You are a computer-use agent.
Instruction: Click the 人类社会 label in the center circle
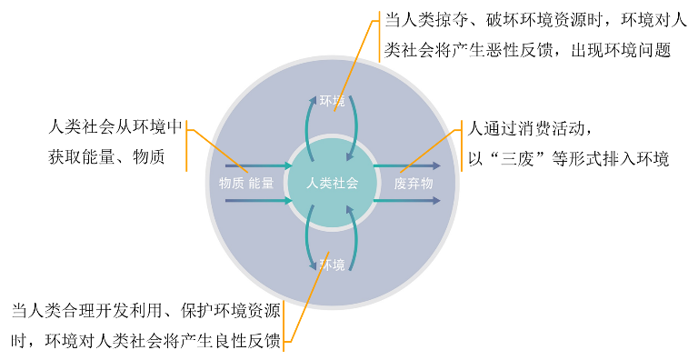332,183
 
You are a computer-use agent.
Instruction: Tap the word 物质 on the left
232,183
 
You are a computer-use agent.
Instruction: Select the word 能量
261,183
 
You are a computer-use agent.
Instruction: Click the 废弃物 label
413,183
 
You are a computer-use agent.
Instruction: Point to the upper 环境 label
332,100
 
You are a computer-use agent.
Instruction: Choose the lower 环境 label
332,265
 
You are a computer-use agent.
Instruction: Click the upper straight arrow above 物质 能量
258,165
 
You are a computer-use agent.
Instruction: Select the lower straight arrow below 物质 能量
258,200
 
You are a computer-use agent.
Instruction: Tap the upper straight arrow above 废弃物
406,165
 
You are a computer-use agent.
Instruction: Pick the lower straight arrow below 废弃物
406,200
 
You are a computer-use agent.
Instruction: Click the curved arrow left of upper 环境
308,127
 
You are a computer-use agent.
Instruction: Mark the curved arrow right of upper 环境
355,127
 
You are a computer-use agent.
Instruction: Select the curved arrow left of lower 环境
308,238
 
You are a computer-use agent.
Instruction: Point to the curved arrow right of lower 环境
354,238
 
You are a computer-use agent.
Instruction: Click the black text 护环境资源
239,311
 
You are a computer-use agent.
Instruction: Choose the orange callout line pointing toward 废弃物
427,150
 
